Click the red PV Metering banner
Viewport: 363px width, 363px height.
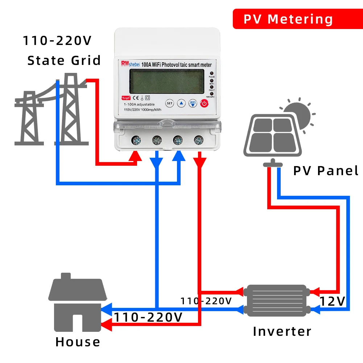288,19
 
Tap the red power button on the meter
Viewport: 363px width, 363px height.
205,103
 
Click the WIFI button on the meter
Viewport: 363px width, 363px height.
193,103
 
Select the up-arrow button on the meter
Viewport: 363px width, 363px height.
182,103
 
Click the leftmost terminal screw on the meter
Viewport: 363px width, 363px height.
137,140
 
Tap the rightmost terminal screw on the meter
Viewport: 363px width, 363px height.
198,140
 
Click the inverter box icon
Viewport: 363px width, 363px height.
275,300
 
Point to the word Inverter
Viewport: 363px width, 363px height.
282,331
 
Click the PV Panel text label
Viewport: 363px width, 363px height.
325,170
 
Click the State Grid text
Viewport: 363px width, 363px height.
64,60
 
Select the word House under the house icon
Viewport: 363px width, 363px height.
78,342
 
